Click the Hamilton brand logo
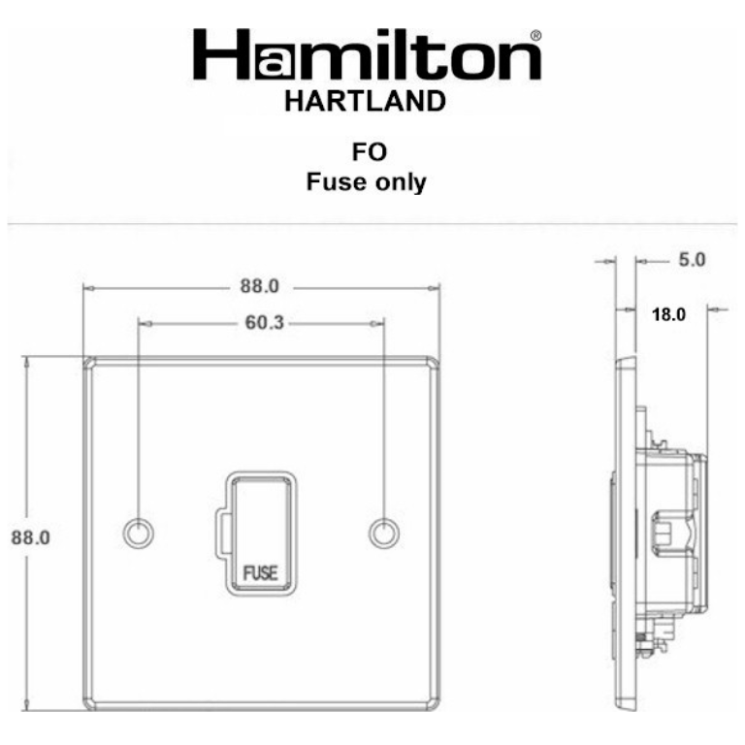point(366,56)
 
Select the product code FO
point(367,153)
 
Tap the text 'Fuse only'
point(366,181)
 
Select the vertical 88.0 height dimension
point(29,537)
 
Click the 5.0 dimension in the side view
point(691,260)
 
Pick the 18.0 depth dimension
point(667,313)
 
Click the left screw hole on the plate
point(138,532)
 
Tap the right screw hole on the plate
point(385,532)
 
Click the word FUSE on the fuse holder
point(260,571)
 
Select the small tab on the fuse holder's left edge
point(224,532)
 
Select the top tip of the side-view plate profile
point(628,361)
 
